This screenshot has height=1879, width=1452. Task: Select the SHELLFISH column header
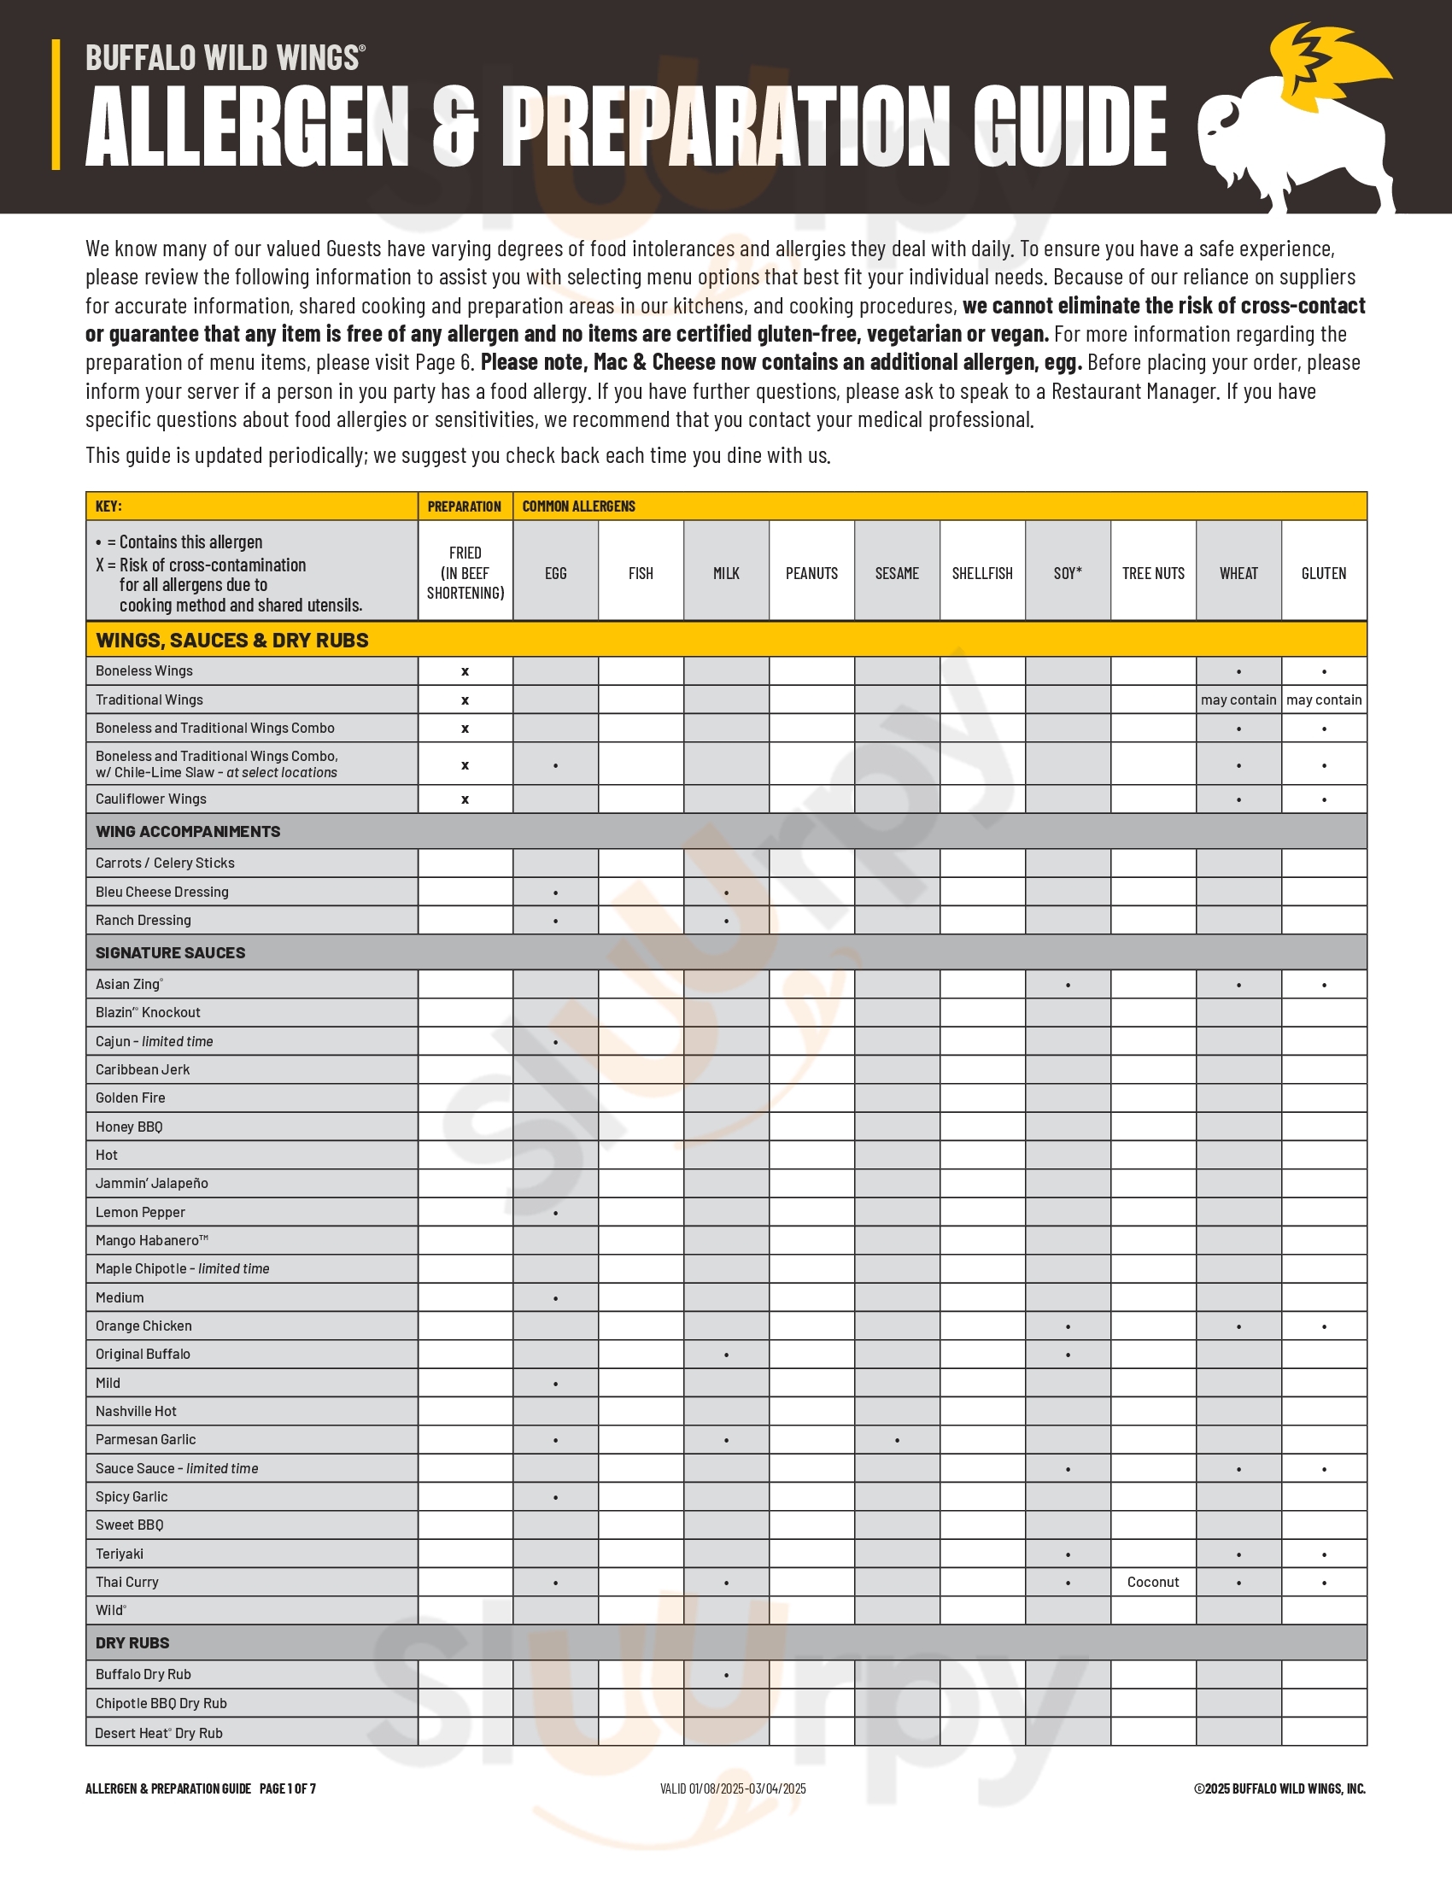[982, 573]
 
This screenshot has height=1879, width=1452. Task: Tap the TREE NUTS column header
[1153, 573]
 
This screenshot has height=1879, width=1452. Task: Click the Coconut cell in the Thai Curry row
[1153, 1582]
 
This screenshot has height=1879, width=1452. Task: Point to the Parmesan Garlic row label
[145, 1439]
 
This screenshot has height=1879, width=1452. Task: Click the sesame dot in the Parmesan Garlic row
[897, 1440]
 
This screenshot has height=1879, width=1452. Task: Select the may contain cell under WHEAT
[1238, 700]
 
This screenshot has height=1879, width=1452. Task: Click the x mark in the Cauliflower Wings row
[465, 799]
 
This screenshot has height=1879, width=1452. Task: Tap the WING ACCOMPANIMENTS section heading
[188, 831]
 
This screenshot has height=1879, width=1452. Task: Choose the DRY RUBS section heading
[132, 1642]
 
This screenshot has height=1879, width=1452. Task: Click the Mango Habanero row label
[151, 1240]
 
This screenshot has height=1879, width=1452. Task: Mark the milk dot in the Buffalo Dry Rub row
[726, 1675]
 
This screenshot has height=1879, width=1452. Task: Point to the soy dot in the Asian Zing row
[1068, 985]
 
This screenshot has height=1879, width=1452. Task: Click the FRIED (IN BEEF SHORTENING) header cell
[465, 573]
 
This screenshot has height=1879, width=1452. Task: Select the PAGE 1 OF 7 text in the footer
[287, 1788]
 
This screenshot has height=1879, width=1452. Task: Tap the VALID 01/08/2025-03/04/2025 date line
[733, 1788]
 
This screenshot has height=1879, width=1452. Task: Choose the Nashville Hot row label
[136, 1411]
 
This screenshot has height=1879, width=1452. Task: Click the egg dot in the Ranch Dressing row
[556, 922]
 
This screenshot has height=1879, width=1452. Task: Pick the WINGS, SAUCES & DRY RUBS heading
[232, 640]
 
